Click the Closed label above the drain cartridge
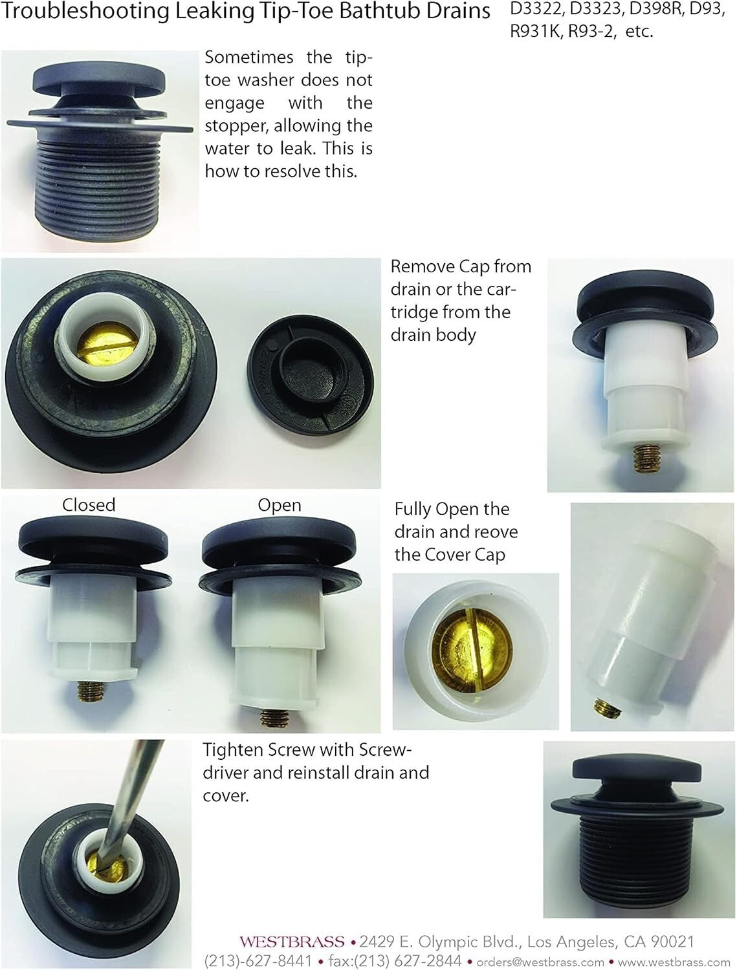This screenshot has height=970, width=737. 89,505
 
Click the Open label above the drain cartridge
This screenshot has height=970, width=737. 280,505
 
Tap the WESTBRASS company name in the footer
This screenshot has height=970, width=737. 292,942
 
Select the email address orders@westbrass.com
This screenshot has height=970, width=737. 540,962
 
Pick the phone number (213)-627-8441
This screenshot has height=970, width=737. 258,961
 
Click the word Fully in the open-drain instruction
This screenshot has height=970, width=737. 413,510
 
